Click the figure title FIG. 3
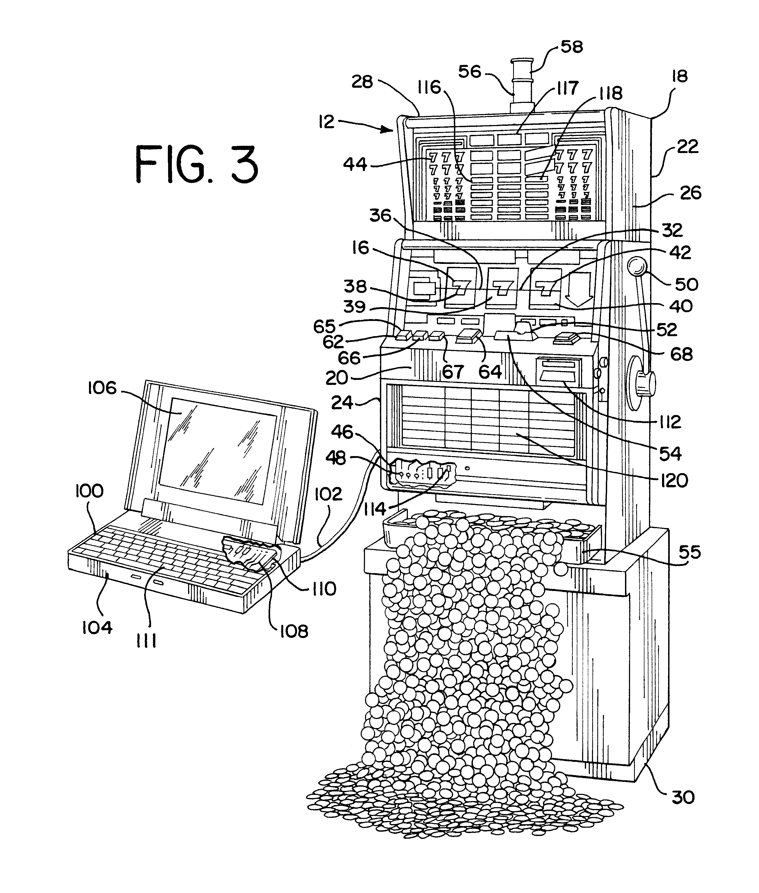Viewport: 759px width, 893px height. pos(197,164)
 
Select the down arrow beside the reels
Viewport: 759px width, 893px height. pos(577,288)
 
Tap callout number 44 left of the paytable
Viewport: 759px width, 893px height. pos(355,164)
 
